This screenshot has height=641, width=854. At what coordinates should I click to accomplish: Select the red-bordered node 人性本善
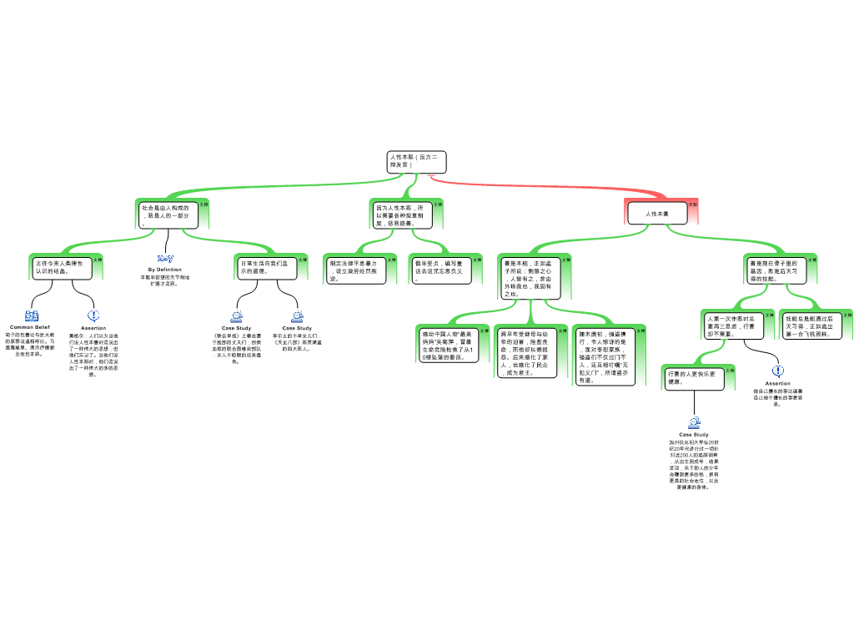(657, 214)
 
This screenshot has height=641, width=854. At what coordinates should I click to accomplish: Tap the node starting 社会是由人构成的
(168, 215)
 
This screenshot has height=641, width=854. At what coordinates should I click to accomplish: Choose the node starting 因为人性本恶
(403, 215)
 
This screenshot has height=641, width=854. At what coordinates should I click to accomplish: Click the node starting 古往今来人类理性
(63, 267)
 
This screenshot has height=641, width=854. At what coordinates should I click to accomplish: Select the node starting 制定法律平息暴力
(355, 270)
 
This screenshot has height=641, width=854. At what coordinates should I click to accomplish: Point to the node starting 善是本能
(530, 278)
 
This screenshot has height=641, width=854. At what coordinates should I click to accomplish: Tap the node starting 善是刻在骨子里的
(776, 270)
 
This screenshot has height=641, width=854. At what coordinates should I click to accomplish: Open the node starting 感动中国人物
(449, 345)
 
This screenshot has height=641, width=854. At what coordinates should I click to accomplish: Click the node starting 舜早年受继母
(526, 352)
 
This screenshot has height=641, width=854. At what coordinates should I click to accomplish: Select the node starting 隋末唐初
(605, 356)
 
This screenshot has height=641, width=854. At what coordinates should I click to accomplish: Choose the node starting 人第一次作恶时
(733, 325)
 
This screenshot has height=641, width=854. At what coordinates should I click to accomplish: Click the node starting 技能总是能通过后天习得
(811, 325)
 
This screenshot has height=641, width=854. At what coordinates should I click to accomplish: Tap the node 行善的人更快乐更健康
(694, 378)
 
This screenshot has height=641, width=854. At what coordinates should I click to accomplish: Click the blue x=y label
(166, 258)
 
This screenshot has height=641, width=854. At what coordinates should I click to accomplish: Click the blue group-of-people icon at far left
(32, 315)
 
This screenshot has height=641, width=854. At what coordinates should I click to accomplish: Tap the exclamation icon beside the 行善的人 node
(778, 371)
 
